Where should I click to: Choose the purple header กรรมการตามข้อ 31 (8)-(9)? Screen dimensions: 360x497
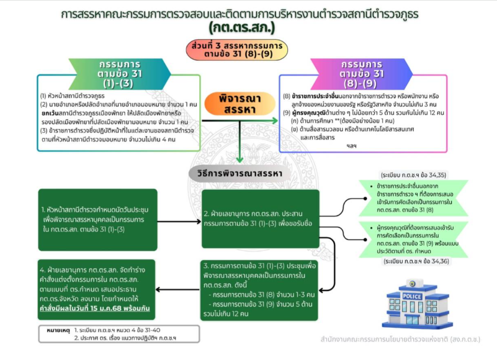click(365, 73)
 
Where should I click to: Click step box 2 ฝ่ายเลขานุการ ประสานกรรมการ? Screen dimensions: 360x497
click(260, 218)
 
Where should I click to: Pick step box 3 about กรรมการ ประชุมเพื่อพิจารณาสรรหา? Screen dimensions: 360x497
click(260, 289)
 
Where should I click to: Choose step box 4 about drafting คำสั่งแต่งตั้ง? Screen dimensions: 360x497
click(99, 290)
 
